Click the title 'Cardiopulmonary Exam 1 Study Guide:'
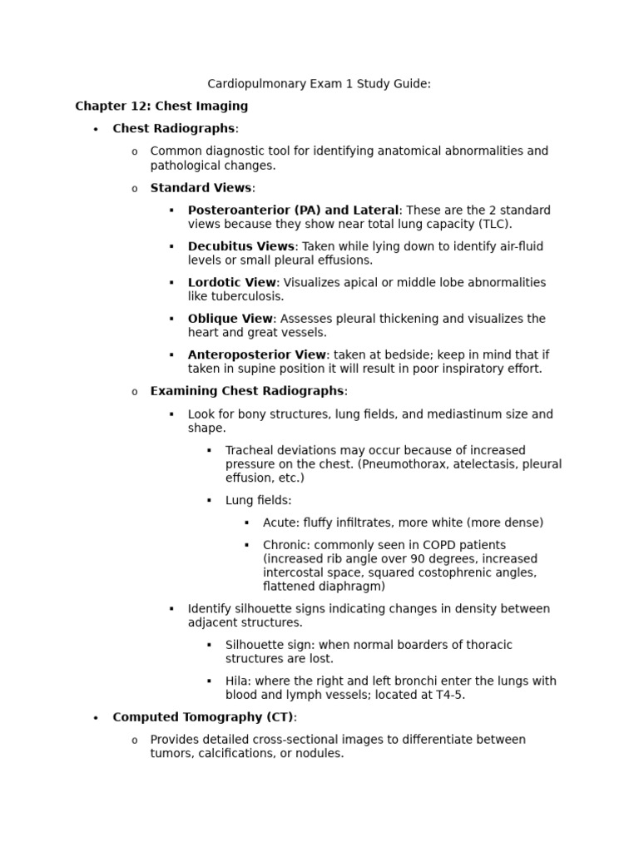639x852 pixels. [x=319, y=83]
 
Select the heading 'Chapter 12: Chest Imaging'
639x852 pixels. [x=161, y=106]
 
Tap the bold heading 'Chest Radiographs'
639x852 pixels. [x=173, y=128]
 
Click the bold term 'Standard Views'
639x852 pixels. [x=201, y=188]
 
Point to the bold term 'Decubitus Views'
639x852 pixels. [x=240, y=246]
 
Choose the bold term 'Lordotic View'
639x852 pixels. [x=231, y=282]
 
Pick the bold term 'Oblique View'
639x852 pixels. [x=230, y=319]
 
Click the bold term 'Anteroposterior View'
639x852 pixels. [x=257, y=354]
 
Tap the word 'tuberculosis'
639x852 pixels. [x=246, y=296]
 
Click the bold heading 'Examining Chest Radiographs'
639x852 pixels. [x=246, y=391]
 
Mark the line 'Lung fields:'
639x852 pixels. [x=258, y=500]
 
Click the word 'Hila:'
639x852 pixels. [x=240, y=681]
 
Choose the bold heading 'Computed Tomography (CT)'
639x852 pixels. [x=203, y=717]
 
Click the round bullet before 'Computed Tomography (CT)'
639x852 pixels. [x=97, y=718]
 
